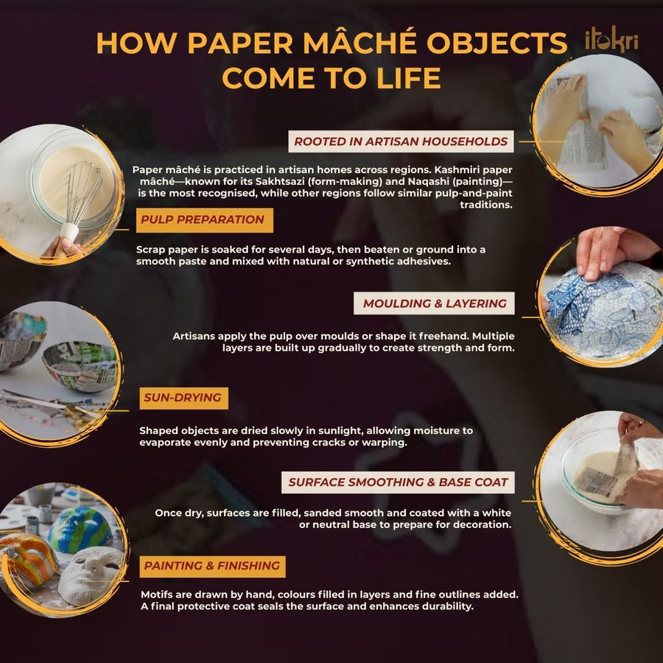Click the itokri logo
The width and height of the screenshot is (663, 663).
click(x=611, y=42)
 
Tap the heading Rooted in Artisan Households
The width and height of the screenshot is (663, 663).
click(x=401, y=141)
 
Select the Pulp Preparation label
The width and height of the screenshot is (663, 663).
click(x=204, y=220)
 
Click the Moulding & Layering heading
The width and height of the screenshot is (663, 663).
click(x=434, y=304)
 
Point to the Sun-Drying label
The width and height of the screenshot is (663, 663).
click(x=183, y=398)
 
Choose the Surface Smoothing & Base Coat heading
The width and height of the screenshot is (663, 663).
click(x=398, y=482)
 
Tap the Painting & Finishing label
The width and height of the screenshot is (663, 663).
click(x=212, y=566)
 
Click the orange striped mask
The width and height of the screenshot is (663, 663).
click(x=27, y=558)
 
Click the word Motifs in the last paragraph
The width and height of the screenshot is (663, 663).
click(x=156, y=594)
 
